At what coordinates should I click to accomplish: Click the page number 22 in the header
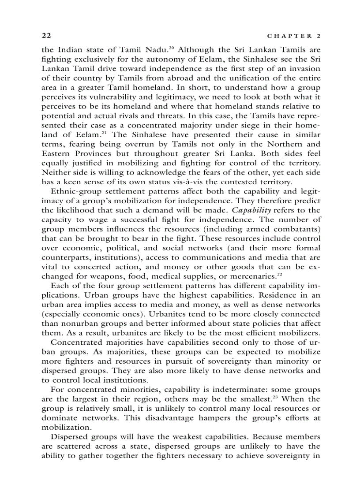point(46,35)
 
